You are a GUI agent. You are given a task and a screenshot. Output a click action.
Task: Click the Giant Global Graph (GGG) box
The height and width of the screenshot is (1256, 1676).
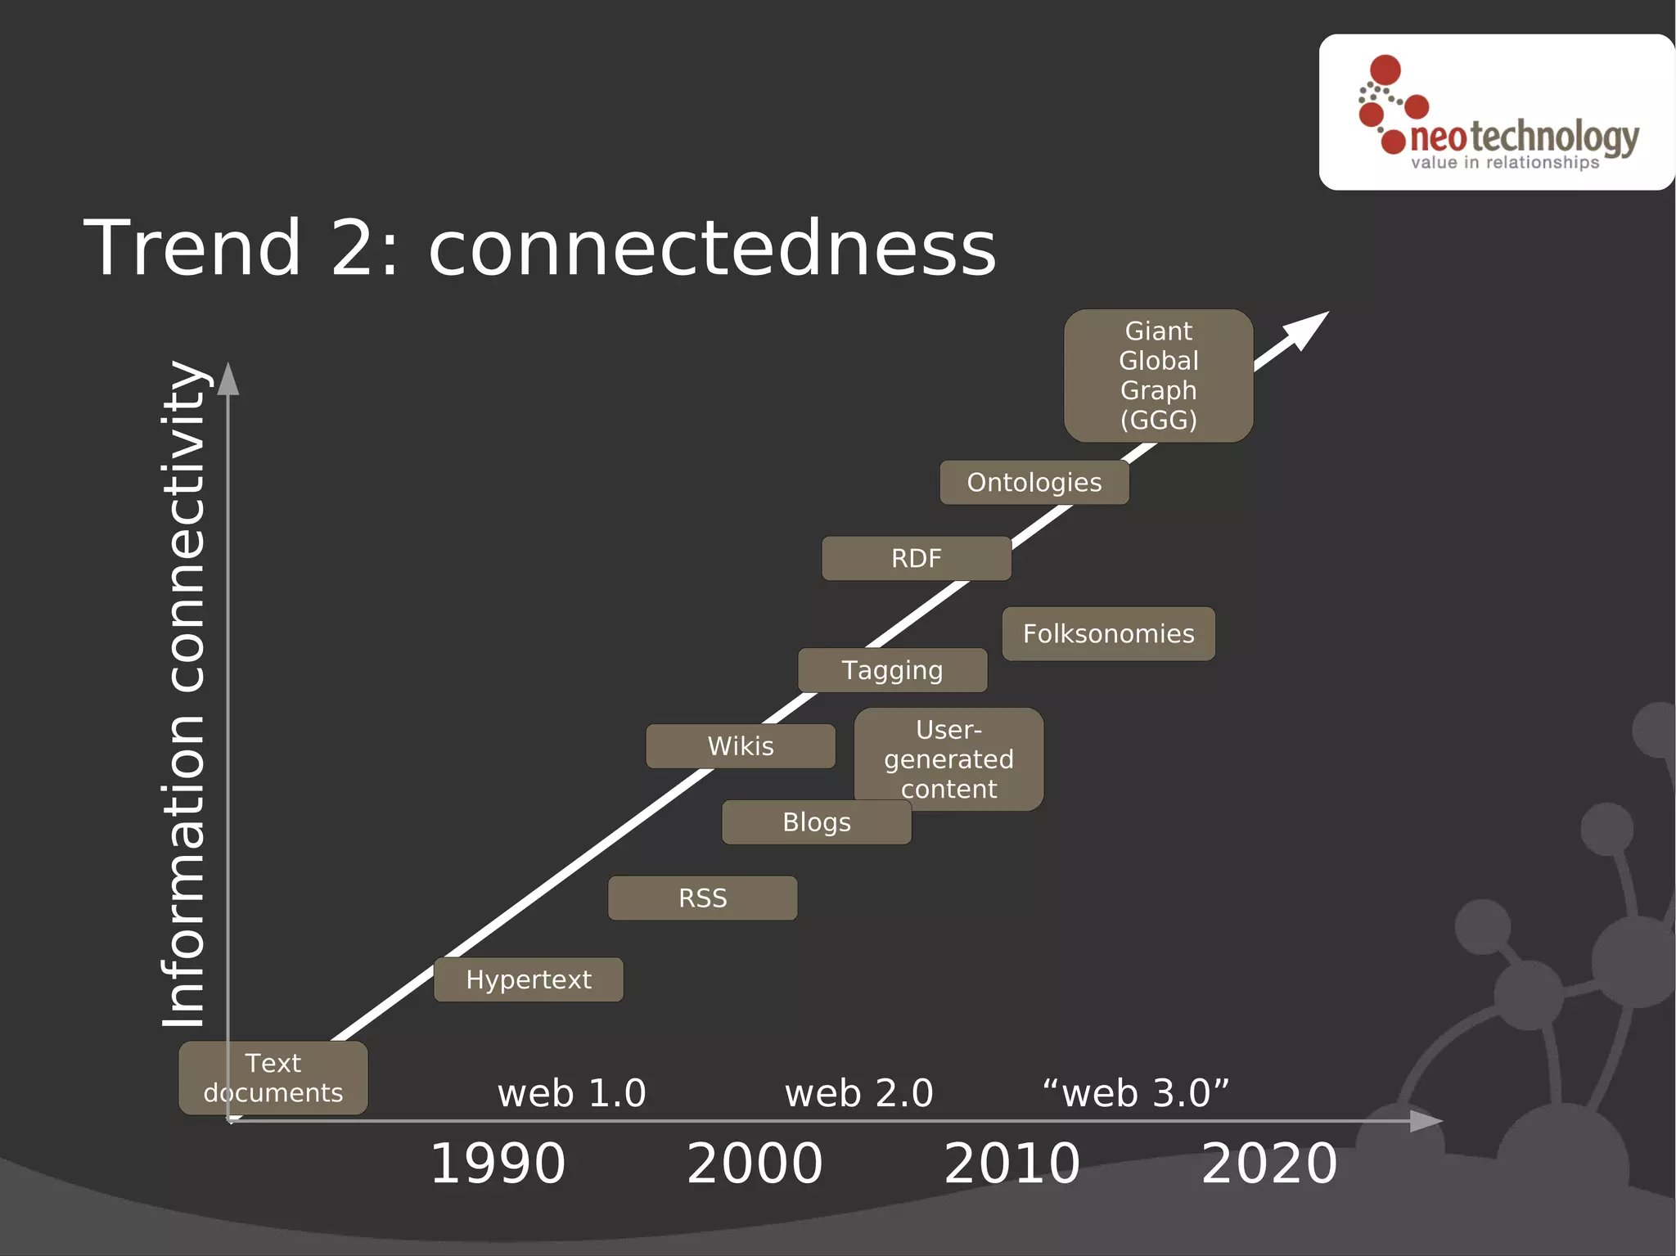[1158, 376]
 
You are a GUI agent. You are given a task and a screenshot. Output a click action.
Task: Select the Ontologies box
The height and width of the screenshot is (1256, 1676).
[1034, 483]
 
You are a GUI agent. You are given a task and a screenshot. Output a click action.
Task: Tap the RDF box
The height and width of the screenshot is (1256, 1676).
[916, 559]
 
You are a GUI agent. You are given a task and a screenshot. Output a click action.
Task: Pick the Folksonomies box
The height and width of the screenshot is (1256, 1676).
[1108, 634]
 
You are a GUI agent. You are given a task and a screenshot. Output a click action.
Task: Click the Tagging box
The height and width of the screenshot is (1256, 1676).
[892, 670]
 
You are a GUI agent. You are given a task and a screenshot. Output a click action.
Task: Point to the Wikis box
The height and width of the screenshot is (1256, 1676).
[740, 746]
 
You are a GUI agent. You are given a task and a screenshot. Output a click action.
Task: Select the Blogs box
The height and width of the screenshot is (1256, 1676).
[816, 822]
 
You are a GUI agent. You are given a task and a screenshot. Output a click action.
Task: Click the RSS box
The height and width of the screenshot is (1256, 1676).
[702, 898]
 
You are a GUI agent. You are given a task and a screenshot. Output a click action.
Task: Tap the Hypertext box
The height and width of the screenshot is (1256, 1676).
[528, 979]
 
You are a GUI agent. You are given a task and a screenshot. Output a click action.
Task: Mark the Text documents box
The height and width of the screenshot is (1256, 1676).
[273, 1078]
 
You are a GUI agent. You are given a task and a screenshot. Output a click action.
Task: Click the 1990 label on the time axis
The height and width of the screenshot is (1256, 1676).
[498, 1164]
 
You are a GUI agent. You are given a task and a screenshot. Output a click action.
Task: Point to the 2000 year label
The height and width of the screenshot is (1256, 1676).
[755, 1164]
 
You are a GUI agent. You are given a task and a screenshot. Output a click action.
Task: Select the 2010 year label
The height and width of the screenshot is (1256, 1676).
[1012, 1164]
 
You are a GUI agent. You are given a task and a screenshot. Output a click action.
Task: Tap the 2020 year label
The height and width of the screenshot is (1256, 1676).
[1269, 1164]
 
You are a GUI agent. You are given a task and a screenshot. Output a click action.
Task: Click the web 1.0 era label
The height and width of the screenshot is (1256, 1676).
[571, 1093]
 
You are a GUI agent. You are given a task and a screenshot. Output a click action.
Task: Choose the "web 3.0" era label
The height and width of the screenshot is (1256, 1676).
[1136, 1093]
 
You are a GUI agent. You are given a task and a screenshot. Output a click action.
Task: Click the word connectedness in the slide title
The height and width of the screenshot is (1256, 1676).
[712, 248]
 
